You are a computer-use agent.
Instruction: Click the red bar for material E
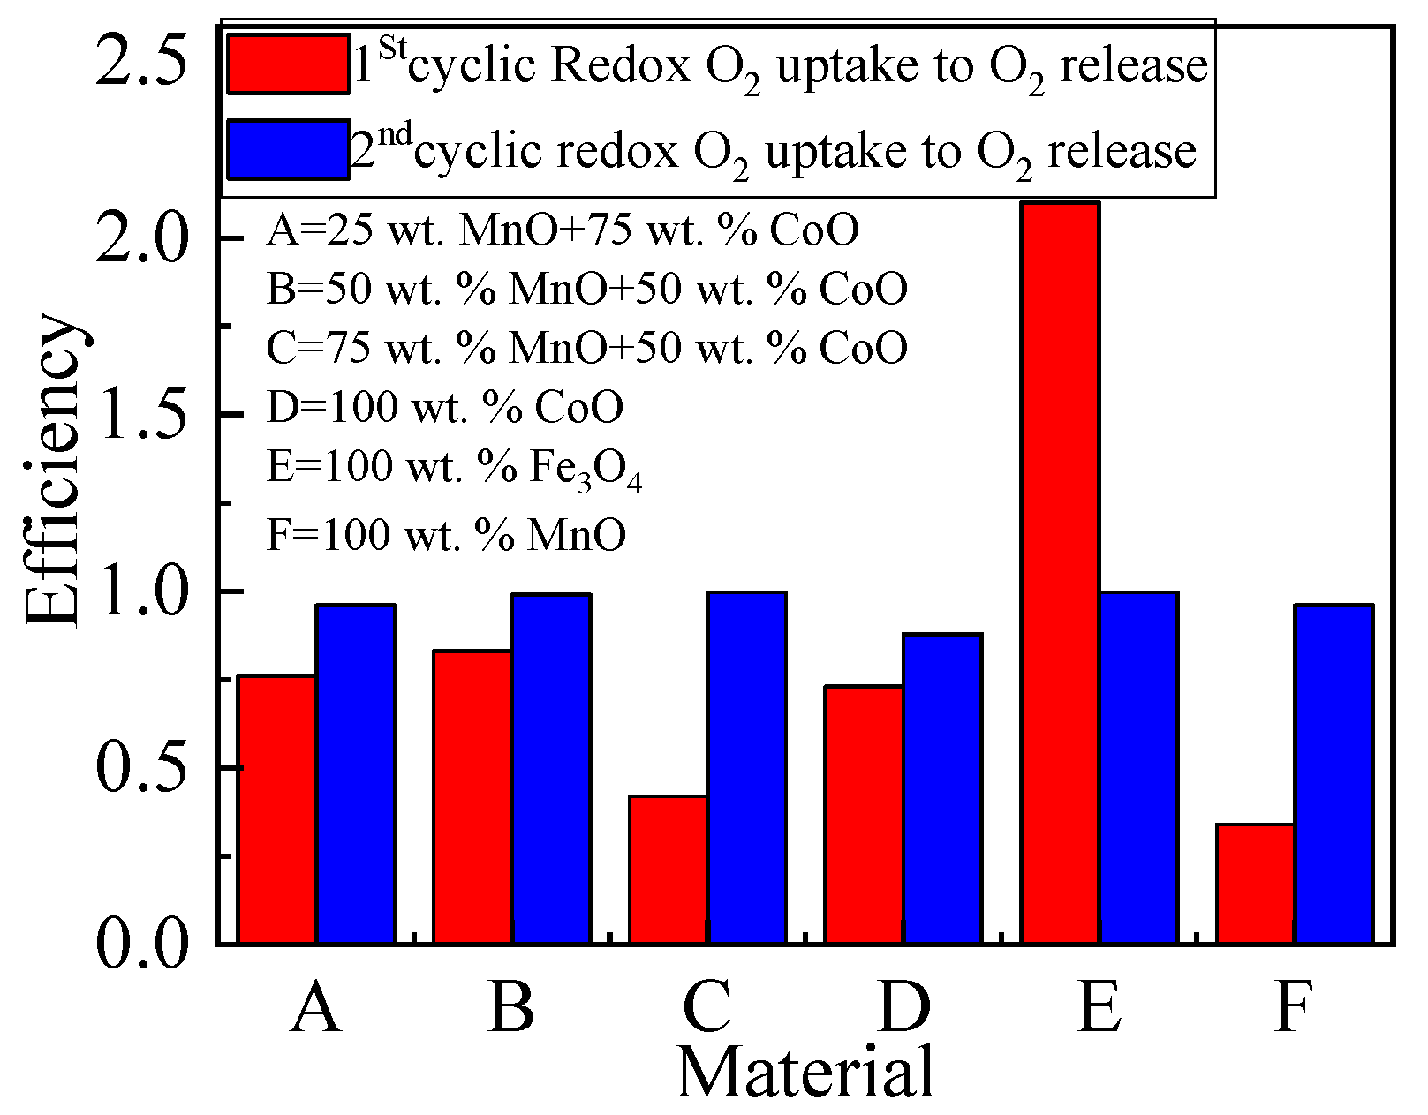[1060, 574]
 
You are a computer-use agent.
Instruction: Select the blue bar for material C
[746, 768]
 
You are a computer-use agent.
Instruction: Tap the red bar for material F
[1255, 884]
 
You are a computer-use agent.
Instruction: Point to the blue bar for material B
[551, 769]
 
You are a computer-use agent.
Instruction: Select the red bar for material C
[669, 870]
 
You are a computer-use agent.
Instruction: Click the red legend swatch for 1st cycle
[288, 64]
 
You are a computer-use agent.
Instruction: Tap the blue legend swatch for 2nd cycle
[288, 150]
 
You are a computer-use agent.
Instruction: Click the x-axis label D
[903, 1006]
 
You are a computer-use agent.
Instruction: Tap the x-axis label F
[1294, 1006]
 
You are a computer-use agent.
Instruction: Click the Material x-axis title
[805, 1072]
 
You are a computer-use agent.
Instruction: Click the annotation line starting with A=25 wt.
[563, 231]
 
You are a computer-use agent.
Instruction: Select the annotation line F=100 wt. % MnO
[446, 534]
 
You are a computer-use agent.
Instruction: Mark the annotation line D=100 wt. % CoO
[445, 407]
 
